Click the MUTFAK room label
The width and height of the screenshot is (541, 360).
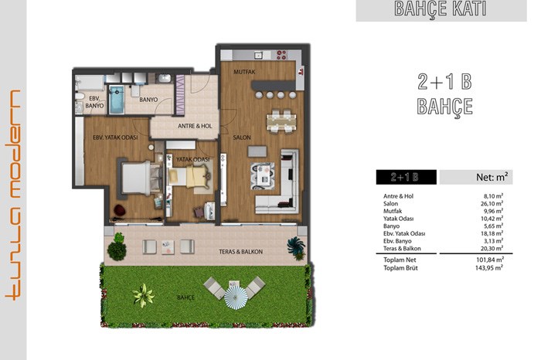tap(244, 72)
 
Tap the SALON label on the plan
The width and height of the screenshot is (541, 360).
tap(242, 138)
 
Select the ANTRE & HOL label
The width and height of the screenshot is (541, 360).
tap(195, 126)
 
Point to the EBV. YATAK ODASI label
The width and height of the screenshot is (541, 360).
tap(115, 138)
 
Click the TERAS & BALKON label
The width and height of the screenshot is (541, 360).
tap(241, 252)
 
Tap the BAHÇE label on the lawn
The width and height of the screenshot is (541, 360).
tap(186, 297)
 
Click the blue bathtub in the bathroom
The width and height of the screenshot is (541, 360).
tap(117, 100)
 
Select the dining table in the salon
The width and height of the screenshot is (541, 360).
tap(281, 121)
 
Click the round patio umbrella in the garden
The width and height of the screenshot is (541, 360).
tap(236, 297)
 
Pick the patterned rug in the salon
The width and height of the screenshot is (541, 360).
tap(263, 176)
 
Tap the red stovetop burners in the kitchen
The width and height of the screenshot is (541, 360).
tap(282, 55)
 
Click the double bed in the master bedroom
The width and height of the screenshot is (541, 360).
tap(138, 178)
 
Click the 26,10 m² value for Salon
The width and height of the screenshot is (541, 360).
tap(492, 203)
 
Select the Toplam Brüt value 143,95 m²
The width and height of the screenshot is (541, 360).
tap(489, 268)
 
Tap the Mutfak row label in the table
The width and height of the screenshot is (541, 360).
tap(393, 211)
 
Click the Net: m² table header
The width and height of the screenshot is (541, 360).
tap(492, 177)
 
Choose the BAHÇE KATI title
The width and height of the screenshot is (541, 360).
tap(441, 9)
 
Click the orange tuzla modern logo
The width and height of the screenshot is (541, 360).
tap(13, 195)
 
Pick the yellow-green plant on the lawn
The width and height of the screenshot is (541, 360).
tap(143, 295)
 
